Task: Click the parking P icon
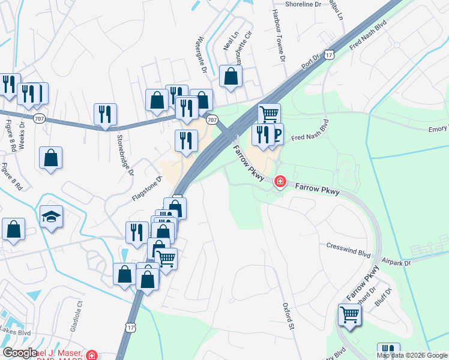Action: [276, 134]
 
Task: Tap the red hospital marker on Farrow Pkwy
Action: [280, 181]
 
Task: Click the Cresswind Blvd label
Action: [348, 246]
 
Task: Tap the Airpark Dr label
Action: [397, 262]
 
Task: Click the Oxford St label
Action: [288, 316]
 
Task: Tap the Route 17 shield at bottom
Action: [131, 327]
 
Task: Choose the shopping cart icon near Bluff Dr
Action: [349, 314]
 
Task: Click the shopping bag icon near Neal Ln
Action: [231, 76]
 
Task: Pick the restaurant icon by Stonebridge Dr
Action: [105, 113]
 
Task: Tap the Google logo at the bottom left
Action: [19, 353]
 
